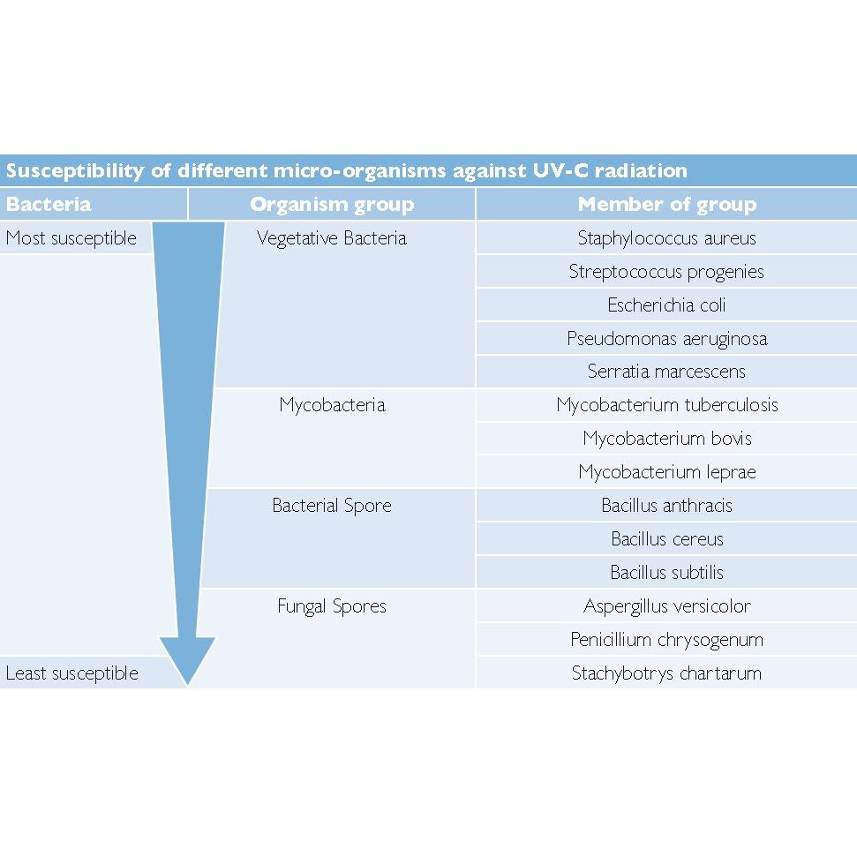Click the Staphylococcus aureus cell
tap(666, 238)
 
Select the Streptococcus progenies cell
tap(666, 272)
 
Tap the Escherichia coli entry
tap(666, 305)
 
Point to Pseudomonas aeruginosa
tap(666, 339)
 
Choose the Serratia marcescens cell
tap(666, 372)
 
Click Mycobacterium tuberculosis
tap(666, 405)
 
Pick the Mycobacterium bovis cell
tap(666, 439)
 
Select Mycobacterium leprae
tap(666, 472)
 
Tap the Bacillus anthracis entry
tap(666, 506)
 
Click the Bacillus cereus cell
tap(666, 539)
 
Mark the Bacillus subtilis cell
tap(666, 573)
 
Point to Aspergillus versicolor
tap(666, 606)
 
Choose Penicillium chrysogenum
tap(666, 640)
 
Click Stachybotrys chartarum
tap(666, 673)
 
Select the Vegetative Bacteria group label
tap(332, 238)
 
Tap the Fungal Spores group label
tap(332, 606)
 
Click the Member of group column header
tap(666, 205)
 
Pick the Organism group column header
tap(332, 205)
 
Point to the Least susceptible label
tap(72, 673)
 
